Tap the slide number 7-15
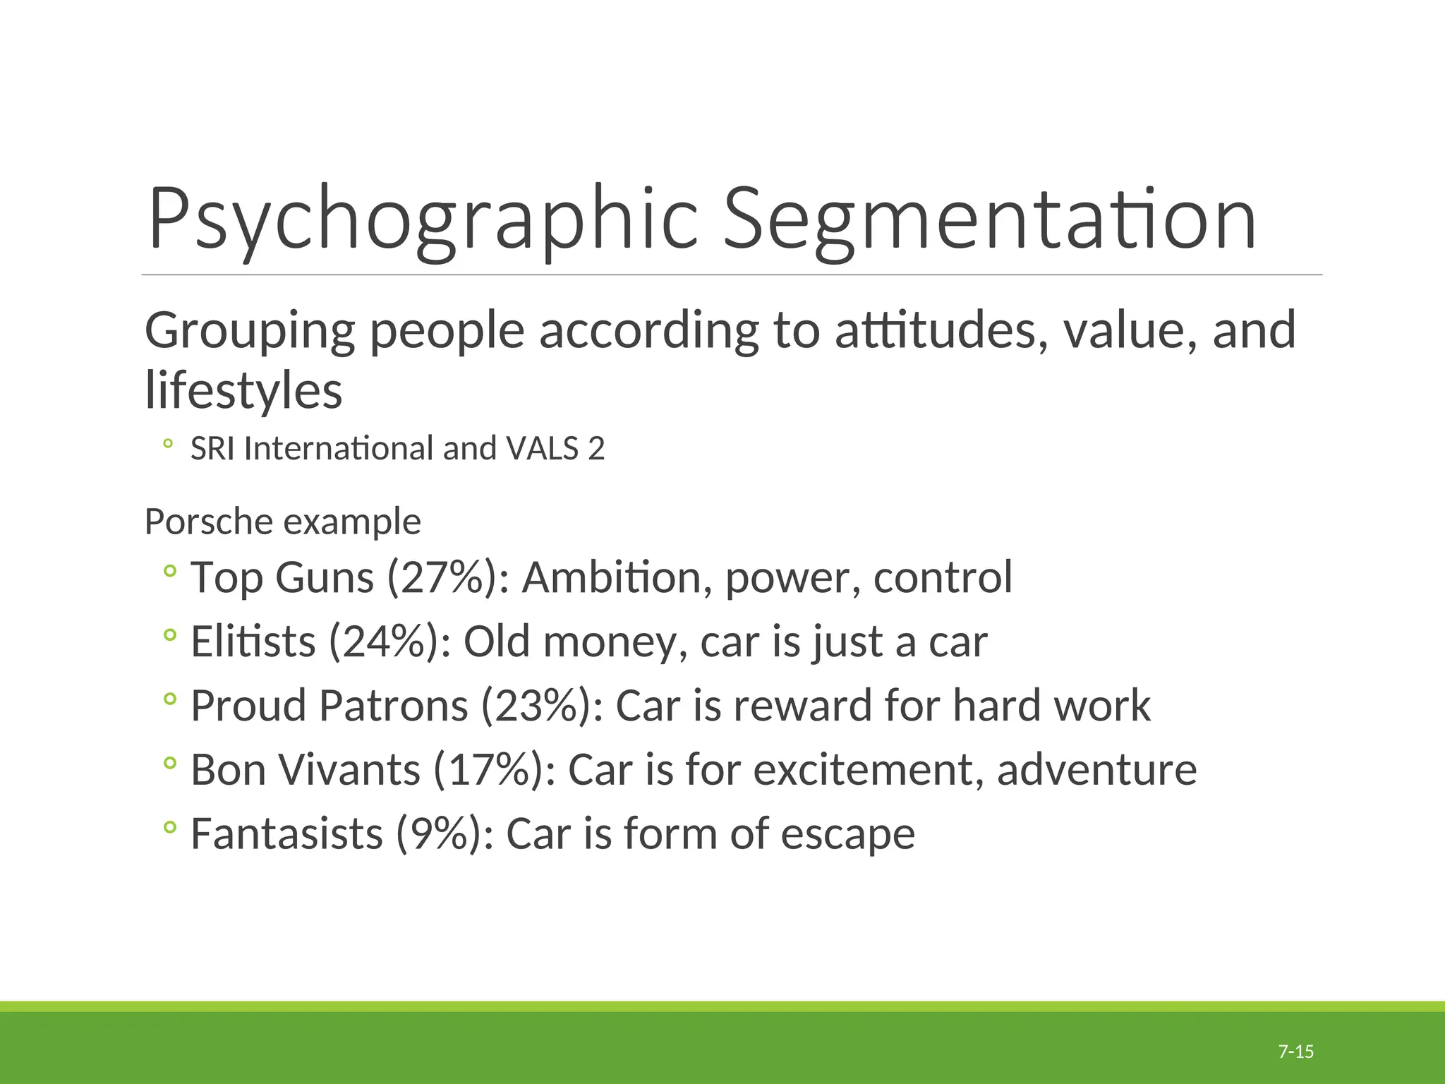[x=1296, y=1052]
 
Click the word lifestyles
[x=243, y=390]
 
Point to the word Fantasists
[x=286, y=833]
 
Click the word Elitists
[x=253, y=642]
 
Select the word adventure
[x=1096, y=769]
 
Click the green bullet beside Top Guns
[x=169, y=571]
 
